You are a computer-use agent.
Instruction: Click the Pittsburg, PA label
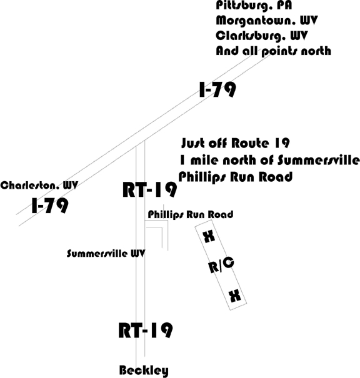[254, 6]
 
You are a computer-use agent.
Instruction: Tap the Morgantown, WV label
[267, 21]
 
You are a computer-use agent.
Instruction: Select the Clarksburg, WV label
[262, 36]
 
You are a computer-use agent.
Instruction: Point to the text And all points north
[273, 51]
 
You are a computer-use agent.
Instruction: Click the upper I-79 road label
[217, 90]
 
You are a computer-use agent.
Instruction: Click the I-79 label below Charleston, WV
[49, 206]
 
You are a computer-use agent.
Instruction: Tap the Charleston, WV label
[39, 186]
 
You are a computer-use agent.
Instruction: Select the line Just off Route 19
[236, 143]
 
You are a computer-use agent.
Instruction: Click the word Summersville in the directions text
[318, 160]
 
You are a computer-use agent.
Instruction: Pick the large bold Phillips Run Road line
[236, 177]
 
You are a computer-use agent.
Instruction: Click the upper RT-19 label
[149, 190]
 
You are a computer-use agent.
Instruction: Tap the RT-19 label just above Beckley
[146, 331]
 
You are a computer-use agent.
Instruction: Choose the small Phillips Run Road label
[191, 214]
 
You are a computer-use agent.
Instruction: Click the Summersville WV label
[106, 254]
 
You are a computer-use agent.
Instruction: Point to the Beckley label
[144, 371]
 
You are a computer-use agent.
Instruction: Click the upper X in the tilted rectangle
[209, 237]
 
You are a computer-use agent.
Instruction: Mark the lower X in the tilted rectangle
[235, 296]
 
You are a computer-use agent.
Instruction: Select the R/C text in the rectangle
[221, 265]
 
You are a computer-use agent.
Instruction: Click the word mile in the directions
[205, 160]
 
